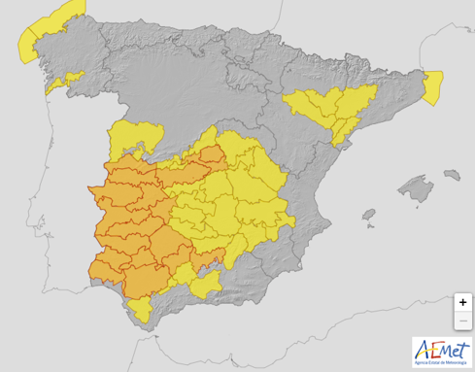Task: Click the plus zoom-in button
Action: pyautogui.click(x=462, y=302)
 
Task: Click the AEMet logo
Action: pyautogui.click(x=441, y=351)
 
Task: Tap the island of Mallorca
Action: pyautogui.click(x=415, y=189)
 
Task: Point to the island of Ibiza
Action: pyautogui.click(x=368, y=217)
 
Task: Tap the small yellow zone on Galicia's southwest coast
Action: pyautogui.click(x=54, y=86)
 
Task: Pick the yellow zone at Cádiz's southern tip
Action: pyautogui.click(x=142, y=310)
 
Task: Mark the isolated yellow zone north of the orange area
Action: pyautogui.click(x=127, y=141)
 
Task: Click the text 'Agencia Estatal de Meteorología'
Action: pyautogui.click(x=441, y=363)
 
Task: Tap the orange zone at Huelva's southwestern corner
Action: pyautogui.click(x=102, y=271)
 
